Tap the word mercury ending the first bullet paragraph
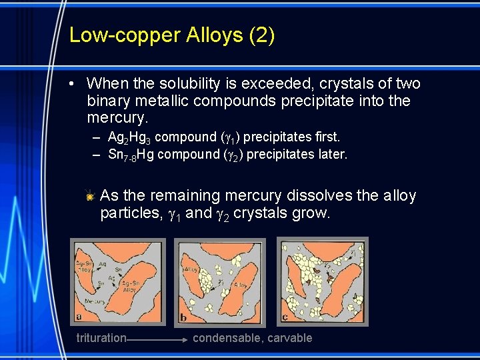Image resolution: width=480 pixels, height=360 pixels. coord(116,118)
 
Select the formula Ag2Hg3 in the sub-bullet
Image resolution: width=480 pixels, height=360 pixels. coord(129,137)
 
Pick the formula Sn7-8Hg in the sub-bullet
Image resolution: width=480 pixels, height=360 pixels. coord(131,155)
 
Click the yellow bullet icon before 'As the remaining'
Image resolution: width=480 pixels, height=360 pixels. coord(90,196)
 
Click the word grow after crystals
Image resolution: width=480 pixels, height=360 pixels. coord(312,213)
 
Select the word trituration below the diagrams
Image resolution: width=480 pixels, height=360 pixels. coord(101,338)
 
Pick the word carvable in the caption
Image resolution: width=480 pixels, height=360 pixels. coord(288,338)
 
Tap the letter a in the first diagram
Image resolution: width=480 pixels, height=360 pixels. coord(79,317)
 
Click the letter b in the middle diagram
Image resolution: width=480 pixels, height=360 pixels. coord(182,318)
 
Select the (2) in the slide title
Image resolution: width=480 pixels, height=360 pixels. coord(261,35)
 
